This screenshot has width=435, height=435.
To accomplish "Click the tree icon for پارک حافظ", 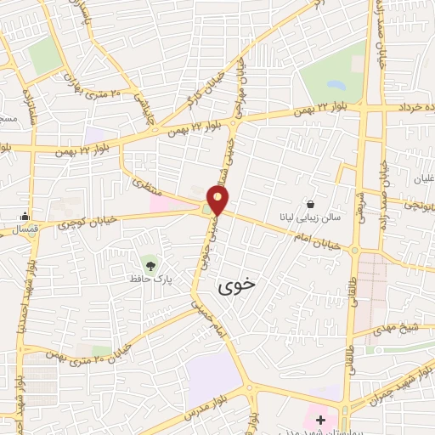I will click(150, 265).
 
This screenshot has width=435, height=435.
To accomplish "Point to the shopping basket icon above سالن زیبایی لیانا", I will click(310, 204).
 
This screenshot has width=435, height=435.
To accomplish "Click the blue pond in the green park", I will click(336, 85).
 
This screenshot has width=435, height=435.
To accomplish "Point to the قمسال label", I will click(17, 230).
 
